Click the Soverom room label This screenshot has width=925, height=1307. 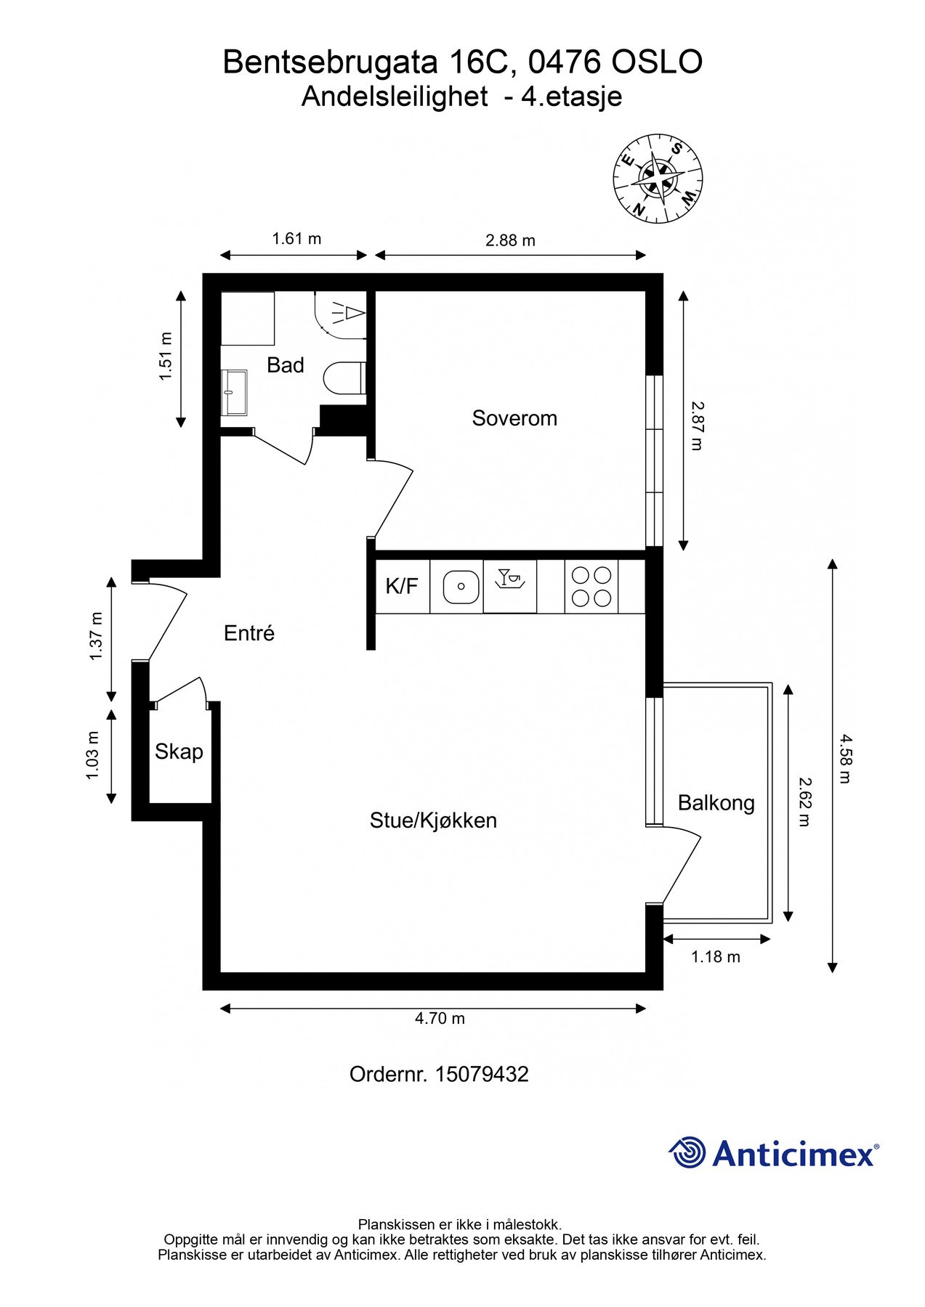coord(514,418)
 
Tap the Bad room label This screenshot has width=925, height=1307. coord(285,365)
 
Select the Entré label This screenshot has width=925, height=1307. coord(249,633)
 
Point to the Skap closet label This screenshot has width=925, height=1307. coord(179,752)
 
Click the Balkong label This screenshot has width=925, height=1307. coord(716,803)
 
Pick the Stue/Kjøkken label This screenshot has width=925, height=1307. coord(433,821)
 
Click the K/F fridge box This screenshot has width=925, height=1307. coord(402,586)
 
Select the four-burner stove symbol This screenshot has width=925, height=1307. coord(591,586)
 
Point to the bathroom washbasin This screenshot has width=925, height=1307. coord(234,392)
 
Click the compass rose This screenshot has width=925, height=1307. coord(658,178)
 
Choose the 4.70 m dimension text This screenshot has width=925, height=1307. coord(440,1018)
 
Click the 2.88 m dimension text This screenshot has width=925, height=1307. coord(510,240)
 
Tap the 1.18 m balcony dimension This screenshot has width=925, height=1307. coord(715,957)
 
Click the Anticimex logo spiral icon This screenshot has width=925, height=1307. coord(687,1152)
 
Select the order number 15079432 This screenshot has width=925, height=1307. coord(482,1074)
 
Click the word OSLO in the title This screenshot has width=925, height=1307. coord(657,62)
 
